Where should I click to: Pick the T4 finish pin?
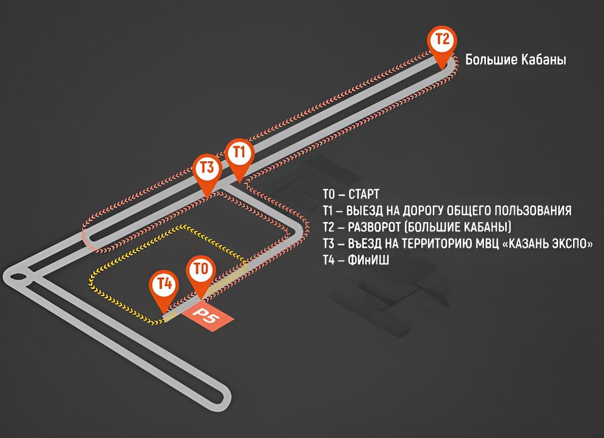pos(164,291)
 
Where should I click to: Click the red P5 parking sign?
pos(208,319)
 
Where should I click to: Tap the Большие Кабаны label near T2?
pos(515,59)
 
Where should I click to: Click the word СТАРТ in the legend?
pos(364,194)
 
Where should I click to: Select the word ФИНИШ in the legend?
pos(368,260)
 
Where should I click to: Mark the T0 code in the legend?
pos(329,194)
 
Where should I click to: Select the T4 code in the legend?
pos(329,260)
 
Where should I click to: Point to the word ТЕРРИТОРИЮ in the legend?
pos(440,244)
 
